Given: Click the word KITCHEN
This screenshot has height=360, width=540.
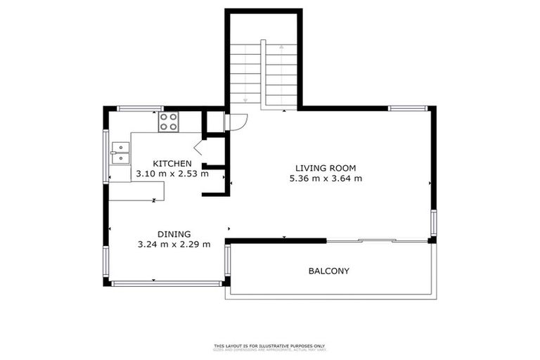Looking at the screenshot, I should [x=172, y=163].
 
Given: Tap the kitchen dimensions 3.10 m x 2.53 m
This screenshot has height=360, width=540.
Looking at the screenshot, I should [x=172, y=174].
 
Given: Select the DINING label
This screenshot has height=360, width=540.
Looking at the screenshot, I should [x=174, y=234].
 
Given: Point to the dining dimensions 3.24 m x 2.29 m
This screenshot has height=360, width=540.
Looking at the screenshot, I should [x=174, y=245].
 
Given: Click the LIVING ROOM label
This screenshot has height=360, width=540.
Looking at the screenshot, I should [x=326, y=168].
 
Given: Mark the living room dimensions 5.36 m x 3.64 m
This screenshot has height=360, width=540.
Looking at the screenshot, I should [x=326, y=179].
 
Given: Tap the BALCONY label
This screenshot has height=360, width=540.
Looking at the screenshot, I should [x=328, y=271].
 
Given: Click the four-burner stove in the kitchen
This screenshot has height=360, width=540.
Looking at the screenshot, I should [x=169, y=122].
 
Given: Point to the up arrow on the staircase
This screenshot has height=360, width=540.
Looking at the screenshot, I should [x=282, y=49].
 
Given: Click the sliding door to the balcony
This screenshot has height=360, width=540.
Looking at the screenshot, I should [x=377, y=241].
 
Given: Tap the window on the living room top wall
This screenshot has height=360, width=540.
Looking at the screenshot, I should [x=408, y=108].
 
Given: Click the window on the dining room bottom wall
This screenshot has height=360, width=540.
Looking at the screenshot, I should [x=167, y=283].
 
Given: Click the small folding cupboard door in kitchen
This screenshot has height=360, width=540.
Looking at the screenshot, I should [x=198, y=148].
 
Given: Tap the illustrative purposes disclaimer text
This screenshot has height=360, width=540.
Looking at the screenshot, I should [x=270, y=346].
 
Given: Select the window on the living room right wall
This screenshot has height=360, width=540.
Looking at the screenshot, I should [x=434, y=223].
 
